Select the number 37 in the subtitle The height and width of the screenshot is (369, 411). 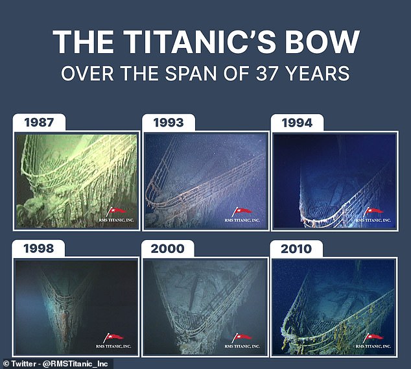pos(266,73)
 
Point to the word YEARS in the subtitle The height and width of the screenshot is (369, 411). pos(318,73)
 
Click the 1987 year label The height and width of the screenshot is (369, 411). pos(39,123)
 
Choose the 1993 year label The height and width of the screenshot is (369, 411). pos(169,123)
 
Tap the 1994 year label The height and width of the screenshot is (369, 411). pos(297,123)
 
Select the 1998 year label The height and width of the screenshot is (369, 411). pos(38,248)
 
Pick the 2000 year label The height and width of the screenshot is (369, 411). pos(167,248)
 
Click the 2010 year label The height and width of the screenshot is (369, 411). pos(296,249)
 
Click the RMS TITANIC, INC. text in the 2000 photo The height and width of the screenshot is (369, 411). pos(242,346)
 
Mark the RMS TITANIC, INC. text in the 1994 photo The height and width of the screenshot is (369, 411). pos(373,220)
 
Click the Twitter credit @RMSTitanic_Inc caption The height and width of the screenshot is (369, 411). pos(55,364)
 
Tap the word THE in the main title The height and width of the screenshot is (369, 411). pos(84,42)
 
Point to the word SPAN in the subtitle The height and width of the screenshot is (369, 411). pos(191,73)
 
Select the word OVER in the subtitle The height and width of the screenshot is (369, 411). pos(88,73)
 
